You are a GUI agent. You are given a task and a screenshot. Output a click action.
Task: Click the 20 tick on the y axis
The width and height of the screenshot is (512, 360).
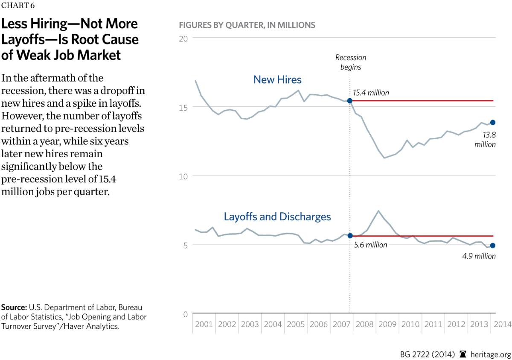184,38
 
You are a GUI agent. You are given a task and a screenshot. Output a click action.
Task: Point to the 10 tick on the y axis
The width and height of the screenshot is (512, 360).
184,176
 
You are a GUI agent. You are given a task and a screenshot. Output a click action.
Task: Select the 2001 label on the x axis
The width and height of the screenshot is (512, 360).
204,324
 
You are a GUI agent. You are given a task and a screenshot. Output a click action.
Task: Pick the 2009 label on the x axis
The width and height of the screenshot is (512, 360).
388,324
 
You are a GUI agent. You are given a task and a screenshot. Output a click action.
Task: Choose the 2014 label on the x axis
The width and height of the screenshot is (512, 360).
503,324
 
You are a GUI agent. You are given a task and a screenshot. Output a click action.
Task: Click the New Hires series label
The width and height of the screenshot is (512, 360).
277,79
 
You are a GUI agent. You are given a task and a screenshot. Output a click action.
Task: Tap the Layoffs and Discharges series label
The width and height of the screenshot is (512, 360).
277,217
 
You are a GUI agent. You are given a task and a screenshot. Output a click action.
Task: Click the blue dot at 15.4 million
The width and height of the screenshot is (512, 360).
350,101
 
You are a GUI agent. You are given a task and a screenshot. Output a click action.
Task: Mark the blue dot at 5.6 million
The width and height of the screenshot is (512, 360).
350,236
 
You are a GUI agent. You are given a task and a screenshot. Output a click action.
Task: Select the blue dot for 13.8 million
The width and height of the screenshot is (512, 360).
493,123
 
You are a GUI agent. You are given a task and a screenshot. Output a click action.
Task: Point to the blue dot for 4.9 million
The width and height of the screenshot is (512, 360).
493,246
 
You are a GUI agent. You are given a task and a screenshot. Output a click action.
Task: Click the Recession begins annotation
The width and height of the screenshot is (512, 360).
350,62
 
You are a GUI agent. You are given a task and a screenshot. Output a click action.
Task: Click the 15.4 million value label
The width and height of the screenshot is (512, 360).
371,92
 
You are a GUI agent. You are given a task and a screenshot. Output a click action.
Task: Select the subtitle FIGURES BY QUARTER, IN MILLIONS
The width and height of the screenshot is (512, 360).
247,25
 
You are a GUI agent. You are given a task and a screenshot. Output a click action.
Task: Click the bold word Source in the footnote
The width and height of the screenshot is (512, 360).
14,307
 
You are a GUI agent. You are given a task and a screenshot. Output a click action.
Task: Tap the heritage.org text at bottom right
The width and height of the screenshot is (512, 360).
490,354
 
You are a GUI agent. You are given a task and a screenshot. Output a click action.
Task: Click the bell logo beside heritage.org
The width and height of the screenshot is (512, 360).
463,354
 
